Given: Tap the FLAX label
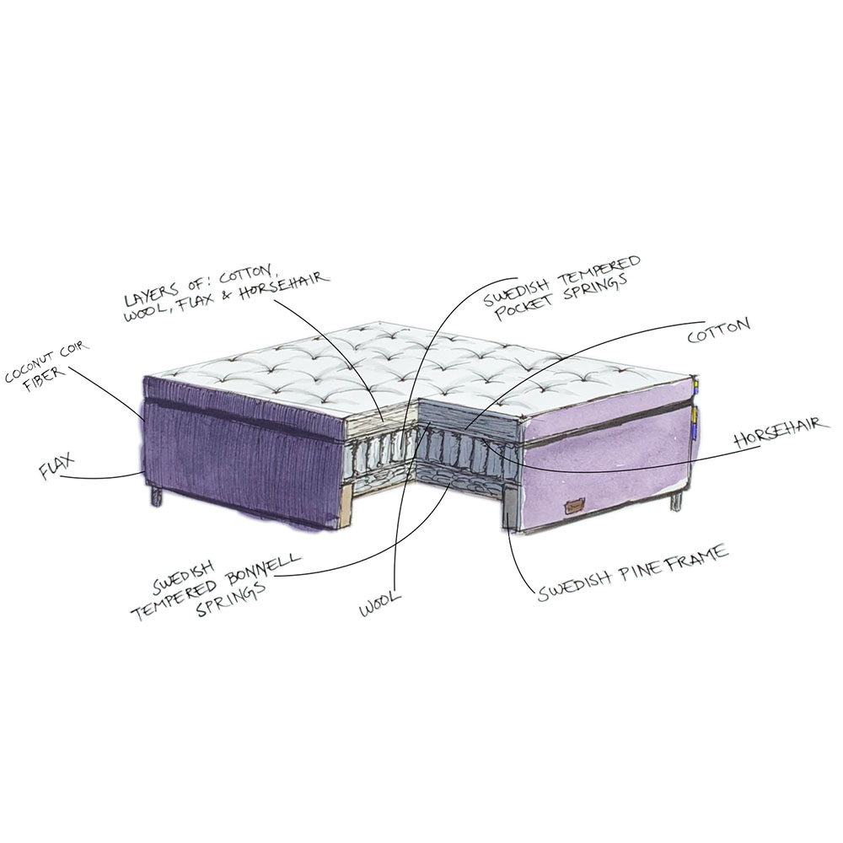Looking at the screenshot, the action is click(56, 465).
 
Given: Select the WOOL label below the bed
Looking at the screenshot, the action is click(381, 604).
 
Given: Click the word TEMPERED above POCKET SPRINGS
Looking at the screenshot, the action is click(602, 269).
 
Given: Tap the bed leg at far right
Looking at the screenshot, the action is click(675, 501).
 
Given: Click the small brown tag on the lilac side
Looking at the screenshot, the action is click(573, 506).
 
